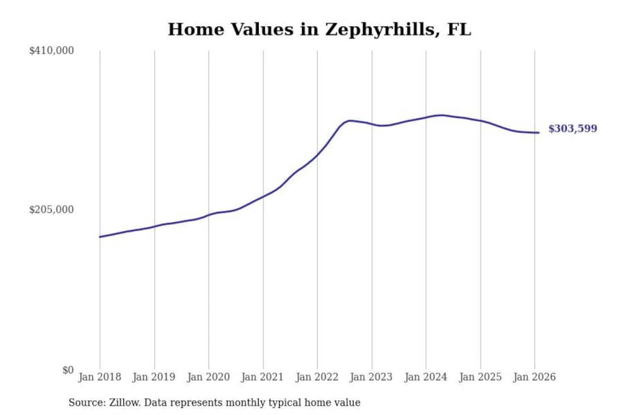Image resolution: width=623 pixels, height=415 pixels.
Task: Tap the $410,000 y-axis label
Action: tap(51, 51)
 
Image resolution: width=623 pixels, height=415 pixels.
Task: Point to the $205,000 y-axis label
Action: tap(51, 210)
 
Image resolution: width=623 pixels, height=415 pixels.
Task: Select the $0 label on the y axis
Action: tap(68, 370)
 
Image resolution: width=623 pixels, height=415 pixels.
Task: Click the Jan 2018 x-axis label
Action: tap(100, 377)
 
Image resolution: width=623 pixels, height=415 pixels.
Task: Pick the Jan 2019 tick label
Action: tap(154, 377)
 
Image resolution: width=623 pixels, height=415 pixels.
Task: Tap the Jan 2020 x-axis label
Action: tap(208, 377)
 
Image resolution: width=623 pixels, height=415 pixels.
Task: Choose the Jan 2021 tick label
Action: tap(262, 377)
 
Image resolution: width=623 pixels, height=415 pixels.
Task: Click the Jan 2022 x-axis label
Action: tap(317, 377)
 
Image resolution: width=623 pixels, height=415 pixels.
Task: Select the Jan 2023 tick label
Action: tap(371, 377)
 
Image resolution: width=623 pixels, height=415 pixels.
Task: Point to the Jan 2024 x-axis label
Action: tap(426, 377)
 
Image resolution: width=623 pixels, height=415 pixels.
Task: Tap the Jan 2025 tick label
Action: tap(480, 377)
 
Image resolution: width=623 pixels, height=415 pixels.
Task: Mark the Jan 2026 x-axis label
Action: tap(534, 377)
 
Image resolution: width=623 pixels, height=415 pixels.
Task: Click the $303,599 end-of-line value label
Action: tap(572, 128)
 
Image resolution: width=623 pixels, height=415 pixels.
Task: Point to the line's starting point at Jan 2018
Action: tap(100, 237)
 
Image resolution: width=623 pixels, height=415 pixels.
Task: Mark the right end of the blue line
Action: tap(539, 133)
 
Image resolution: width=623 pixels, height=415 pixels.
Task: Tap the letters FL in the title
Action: tap(459, 29)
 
